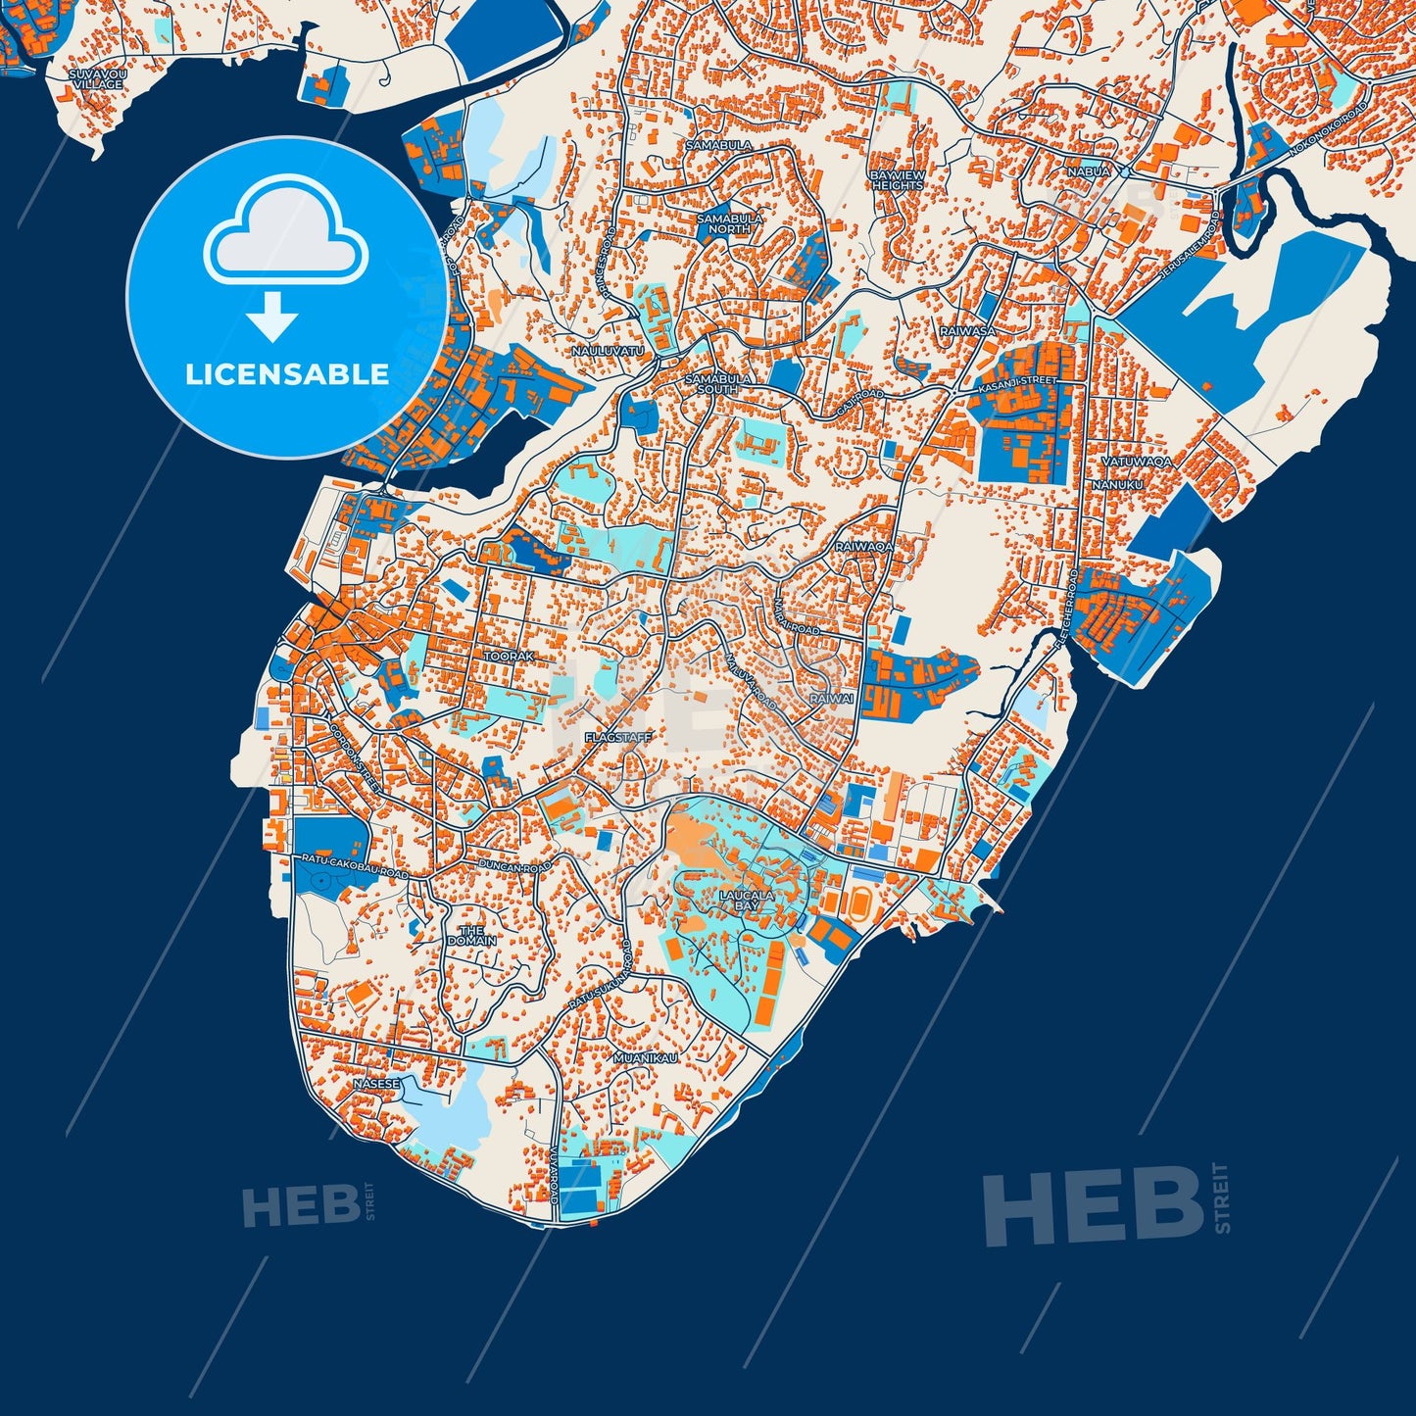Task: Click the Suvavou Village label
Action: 96,79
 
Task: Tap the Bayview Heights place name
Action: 897,180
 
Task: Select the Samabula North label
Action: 723,223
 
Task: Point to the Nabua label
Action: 1089,171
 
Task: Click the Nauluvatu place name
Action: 608,350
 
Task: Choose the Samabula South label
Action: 718,383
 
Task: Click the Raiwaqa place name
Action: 863,546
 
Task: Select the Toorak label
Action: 509,656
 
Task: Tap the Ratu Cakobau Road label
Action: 355,865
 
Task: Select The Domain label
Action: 471,935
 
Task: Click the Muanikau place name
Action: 645,1058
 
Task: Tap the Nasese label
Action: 376,1084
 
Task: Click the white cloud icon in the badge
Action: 285,231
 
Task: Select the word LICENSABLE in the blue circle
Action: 287,374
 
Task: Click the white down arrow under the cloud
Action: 272,317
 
